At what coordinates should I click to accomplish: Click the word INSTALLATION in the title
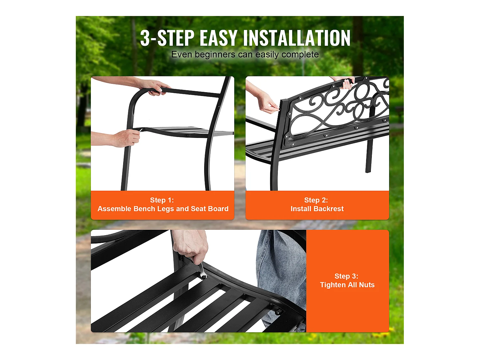pyautogui.click(x=297, y=38)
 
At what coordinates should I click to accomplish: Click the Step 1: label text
pyautogui.click(x=162, y=200)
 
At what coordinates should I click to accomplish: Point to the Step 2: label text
pyautogui.click(x=316, y=200)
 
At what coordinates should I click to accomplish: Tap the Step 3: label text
pyautogui.click(x=346, y=276)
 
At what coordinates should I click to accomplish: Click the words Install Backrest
pyautogui.click(x=317, y=209)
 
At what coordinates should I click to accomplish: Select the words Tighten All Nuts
pyautogui.click(x=347, y=285)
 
